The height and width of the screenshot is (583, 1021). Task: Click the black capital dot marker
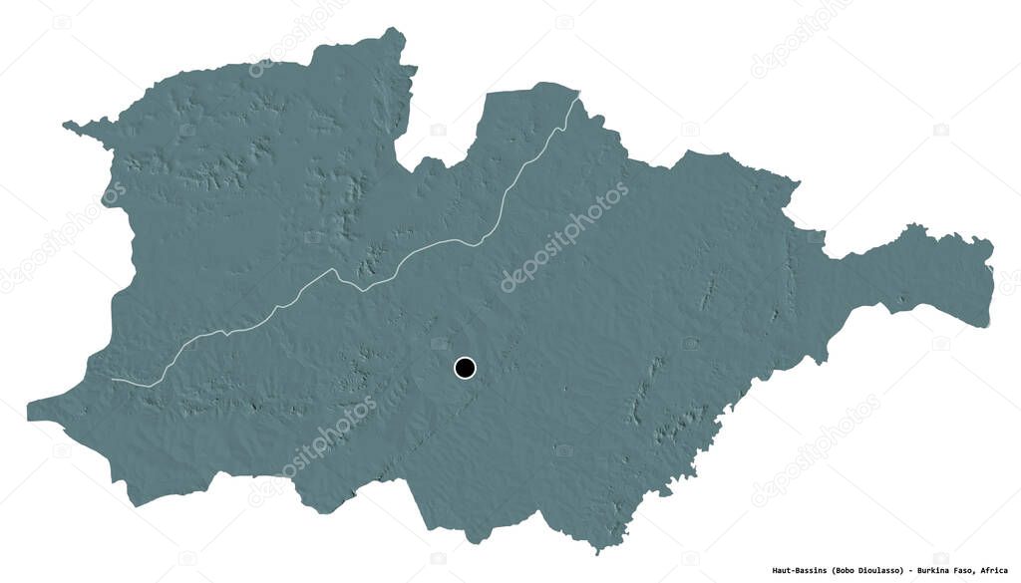click(x=465, y=368)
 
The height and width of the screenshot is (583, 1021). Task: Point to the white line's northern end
click(x=578, y=96)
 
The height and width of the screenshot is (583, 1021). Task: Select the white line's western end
click(x=112, y=380)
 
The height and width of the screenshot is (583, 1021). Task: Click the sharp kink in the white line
click(x=361, y=289)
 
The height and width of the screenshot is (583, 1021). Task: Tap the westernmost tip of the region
click(x=28, y=408)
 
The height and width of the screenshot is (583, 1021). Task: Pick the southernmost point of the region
click(x=597, y=550)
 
